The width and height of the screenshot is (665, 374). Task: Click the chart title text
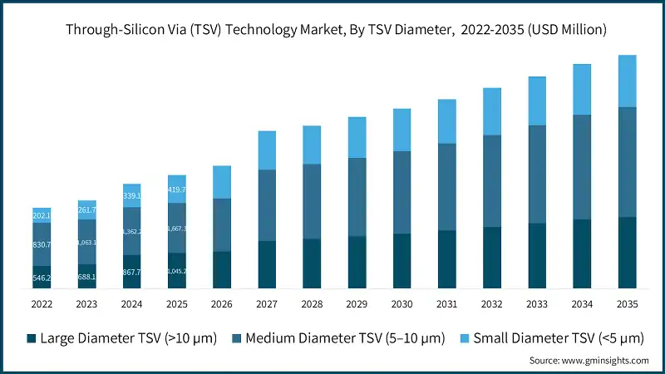pyautogui.click(x=332, y=29)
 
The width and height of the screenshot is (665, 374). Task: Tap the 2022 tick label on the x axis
pyautogui.click(x=42, y=304)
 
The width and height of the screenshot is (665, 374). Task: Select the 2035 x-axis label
pyautogui.click(x=627, y=304)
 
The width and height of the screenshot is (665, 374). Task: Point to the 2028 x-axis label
pyautogui.click(x=312, y=304)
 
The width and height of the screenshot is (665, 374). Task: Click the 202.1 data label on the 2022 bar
pyautogui.click(x=42, y=216)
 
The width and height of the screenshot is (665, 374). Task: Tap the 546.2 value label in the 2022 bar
pyautogui.click(x=42, y=278)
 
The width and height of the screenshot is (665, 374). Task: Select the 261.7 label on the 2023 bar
pyautogui.click(x=86, y=210)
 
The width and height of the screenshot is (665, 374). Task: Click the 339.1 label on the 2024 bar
pyautogui.click(x=131, y=196)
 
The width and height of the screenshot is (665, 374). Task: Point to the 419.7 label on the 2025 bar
pyautogui.click(x=176, y=189)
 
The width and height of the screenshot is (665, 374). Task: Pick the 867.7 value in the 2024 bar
pyautogui.click(x=131, y=272)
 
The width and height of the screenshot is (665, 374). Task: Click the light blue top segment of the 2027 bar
pyautogui.click(x=267, y=150)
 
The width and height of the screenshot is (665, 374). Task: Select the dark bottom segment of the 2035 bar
pyautogui.click(x=627, y=253)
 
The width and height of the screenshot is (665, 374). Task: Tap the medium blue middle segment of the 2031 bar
pyautogui.click(x=446, y=187)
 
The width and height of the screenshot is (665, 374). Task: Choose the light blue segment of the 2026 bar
pyautogui.click(x=222, y=182)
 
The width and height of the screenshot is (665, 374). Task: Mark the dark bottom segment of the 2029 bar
pyautogui.click(x=357, y=263)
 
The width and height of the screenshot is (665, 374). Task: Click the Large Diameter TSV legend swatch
pyautogui.click(x=32, y=337)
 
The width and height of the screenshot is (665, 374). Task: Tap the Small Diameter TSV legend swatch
pyautogui.click(x=465, y=337)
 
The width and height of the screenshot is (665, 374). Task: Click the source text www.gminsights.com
pyautogui.click(x=589, y=361)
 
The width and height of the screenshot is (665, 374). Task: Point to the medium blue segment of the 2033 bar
pyautogui.click(x=537, y=175)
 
